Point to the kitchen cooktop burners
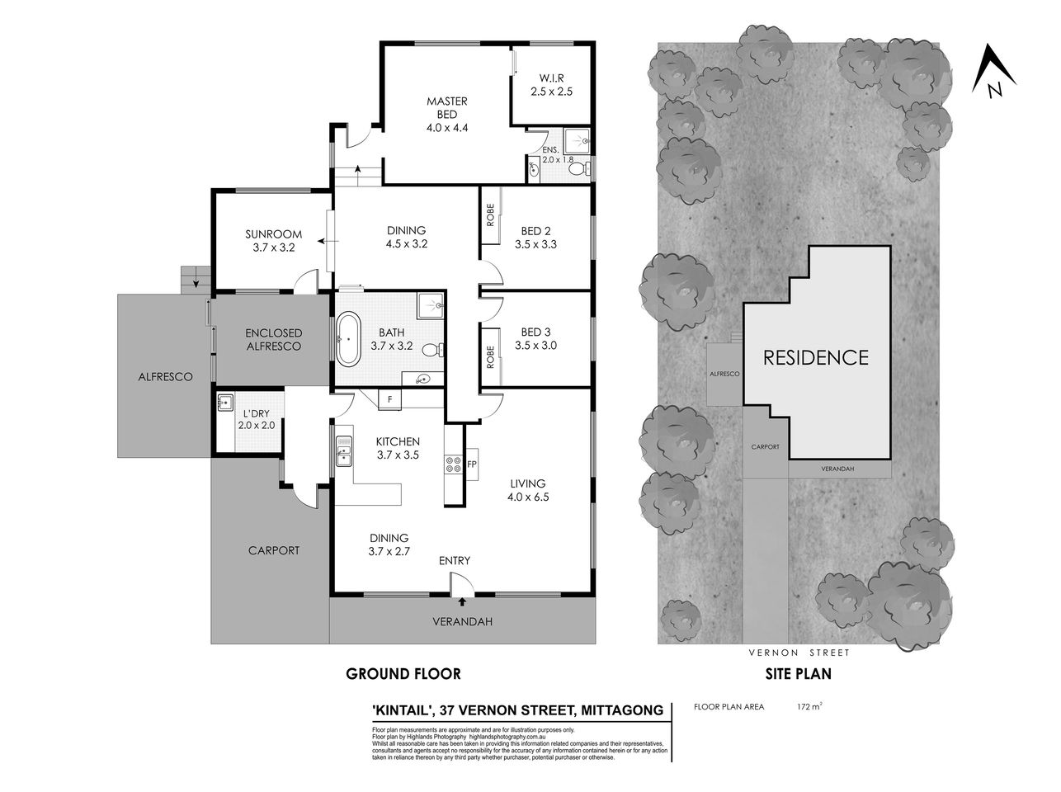(453, 464)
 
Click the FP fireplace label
(472, 463)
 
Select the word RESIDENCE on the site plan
(815, 357)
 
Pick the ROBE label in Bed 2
(490, 215)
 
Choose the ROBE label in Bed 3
(490, 357)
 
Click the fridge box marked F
(390, 399)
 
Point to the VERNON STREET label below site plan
(799, 653)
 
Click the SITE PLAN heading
(798, 673)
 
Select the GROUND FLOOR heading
(403, 673)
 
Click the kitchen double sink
(343, 453)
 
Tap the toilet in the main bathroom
(431, 350)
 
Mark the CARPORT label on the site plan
(765, 446)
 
